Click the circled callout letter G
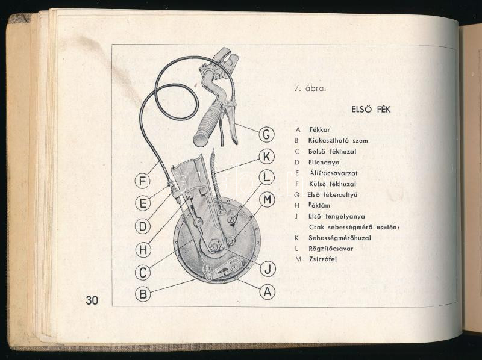[x=266, y=134]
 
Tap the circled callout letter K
[x=266, y=156]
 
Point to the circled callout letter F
[x=143, y=181]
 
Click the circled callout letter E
[x=143, y=203]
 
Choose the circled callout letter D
[x=143, y=226]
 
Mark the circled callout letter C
[x=143, y=272]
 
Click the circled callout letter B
[x=143, y=294]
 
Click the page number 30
[x=92, y=300]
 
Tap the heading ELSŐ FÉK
[x=371, y=110]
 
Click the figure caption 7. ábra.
[x=310, y=88]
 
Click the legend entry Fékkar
[x=319, y=129]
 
